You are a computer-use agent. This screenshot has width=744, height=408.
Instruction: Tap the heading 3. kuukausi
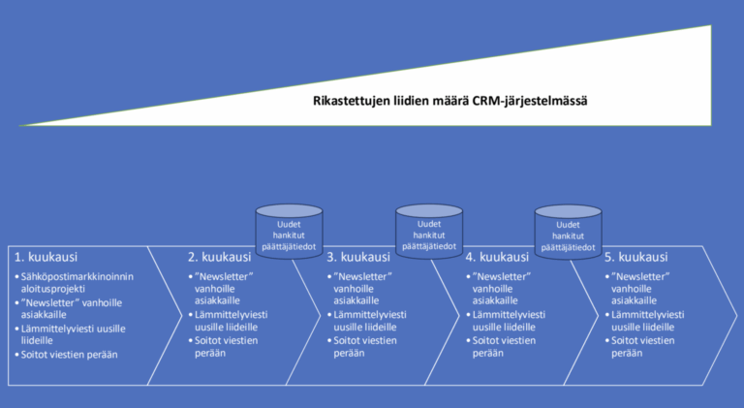point(358,258)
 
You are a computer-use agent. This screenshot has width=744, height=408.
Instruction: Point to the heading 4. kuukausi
point(497,258)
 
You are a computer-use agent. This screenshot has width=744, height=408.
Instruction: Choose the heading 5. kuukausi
point(636,258)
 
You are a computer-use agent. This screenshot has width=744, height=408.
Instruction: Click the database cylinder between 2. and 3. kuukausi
point(289,229)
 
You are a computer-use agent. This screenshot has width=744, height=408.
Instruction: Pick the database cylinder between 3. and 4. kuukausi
point(428,229)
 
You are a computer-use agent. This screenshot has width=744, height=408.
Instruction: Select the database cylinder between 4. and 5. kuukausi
point(567,229)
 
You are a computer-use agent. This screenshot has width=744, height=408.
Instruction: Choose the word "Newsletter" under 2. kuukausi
point(224,277)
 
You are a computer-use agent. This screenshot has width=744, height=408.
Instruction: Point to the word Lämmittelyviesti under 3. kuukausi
point(370,315)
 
